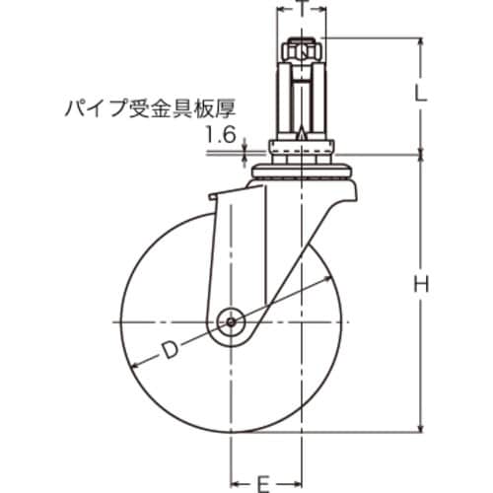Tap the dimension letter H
(421, 285)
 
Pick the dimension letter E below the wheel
(264, 483)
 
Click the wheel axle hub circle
(232, 319)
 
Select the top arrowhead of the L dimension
(421, 39)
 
